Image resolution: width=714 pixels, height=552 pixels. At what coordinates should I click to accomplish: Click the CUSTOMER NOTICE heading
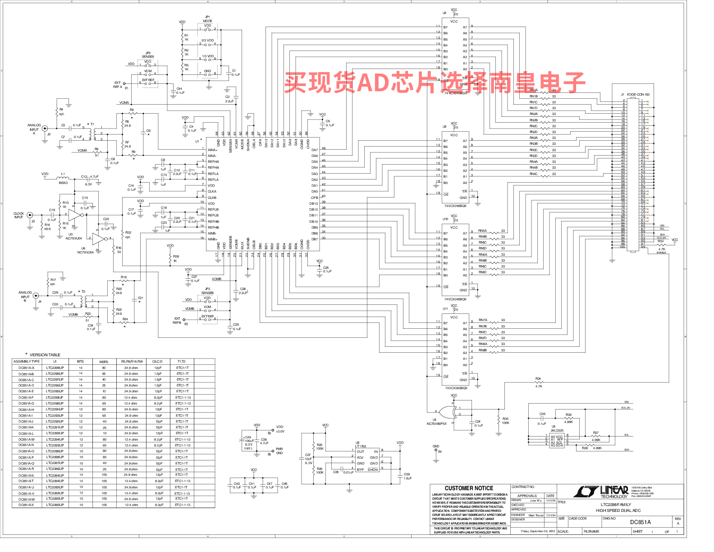click(x=469, y=488)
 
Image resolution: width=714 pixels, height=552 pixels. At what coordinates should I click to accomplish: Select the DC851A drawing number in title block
click(x=640, y=522)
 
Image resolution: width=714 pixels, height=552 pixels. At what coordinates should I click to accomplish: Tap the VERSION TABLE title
click(x=45, y=355)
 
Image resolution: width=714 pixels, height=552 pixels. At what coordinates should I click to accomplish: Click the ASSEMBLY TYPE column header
click(x=27, y=361)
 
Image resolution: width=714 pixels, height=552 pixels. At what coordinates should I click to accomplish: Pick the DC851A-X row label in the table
click(x=26, y=505)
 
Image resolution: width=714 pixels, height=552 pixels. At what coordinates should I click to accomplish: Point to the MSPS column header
click(x=104, y=362)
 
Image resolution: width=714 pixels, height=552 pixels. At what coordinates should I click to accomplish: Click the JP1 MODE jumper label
click(x=207, y=19)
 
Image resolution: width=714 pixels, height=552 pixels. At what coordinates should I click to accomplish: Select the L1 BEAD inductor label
click(x=63, y=178)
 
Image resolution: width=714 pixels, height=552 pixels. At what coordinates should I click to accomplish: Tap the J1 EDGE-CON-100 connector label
click(x=636, y=95)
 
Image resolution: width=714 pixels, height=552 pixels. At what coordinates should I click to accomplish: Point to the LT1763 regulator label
click(x=361, y=446)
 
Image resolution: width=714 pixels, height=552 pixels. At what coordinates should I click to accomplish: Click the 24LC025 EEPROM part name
click(x=557, y=430)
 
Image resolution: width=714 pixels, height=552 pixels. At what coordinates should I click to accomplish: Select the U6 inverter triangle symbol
click(x=99, y=239)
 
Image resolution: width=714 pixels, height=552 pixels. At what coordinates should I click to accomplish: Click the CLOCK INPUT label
click(x=18, y=216)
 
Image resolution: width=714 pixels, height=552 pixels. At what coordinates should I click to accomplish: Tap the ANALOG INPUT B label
click(x=25, y=296)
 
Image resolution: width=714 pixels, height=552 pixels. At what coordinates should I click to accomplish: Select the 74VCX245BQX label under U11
click(x=456, y=388)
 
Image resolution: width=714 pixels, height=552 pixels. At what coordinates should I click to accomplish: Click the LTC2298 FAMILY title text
click(x=616, y=505)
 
